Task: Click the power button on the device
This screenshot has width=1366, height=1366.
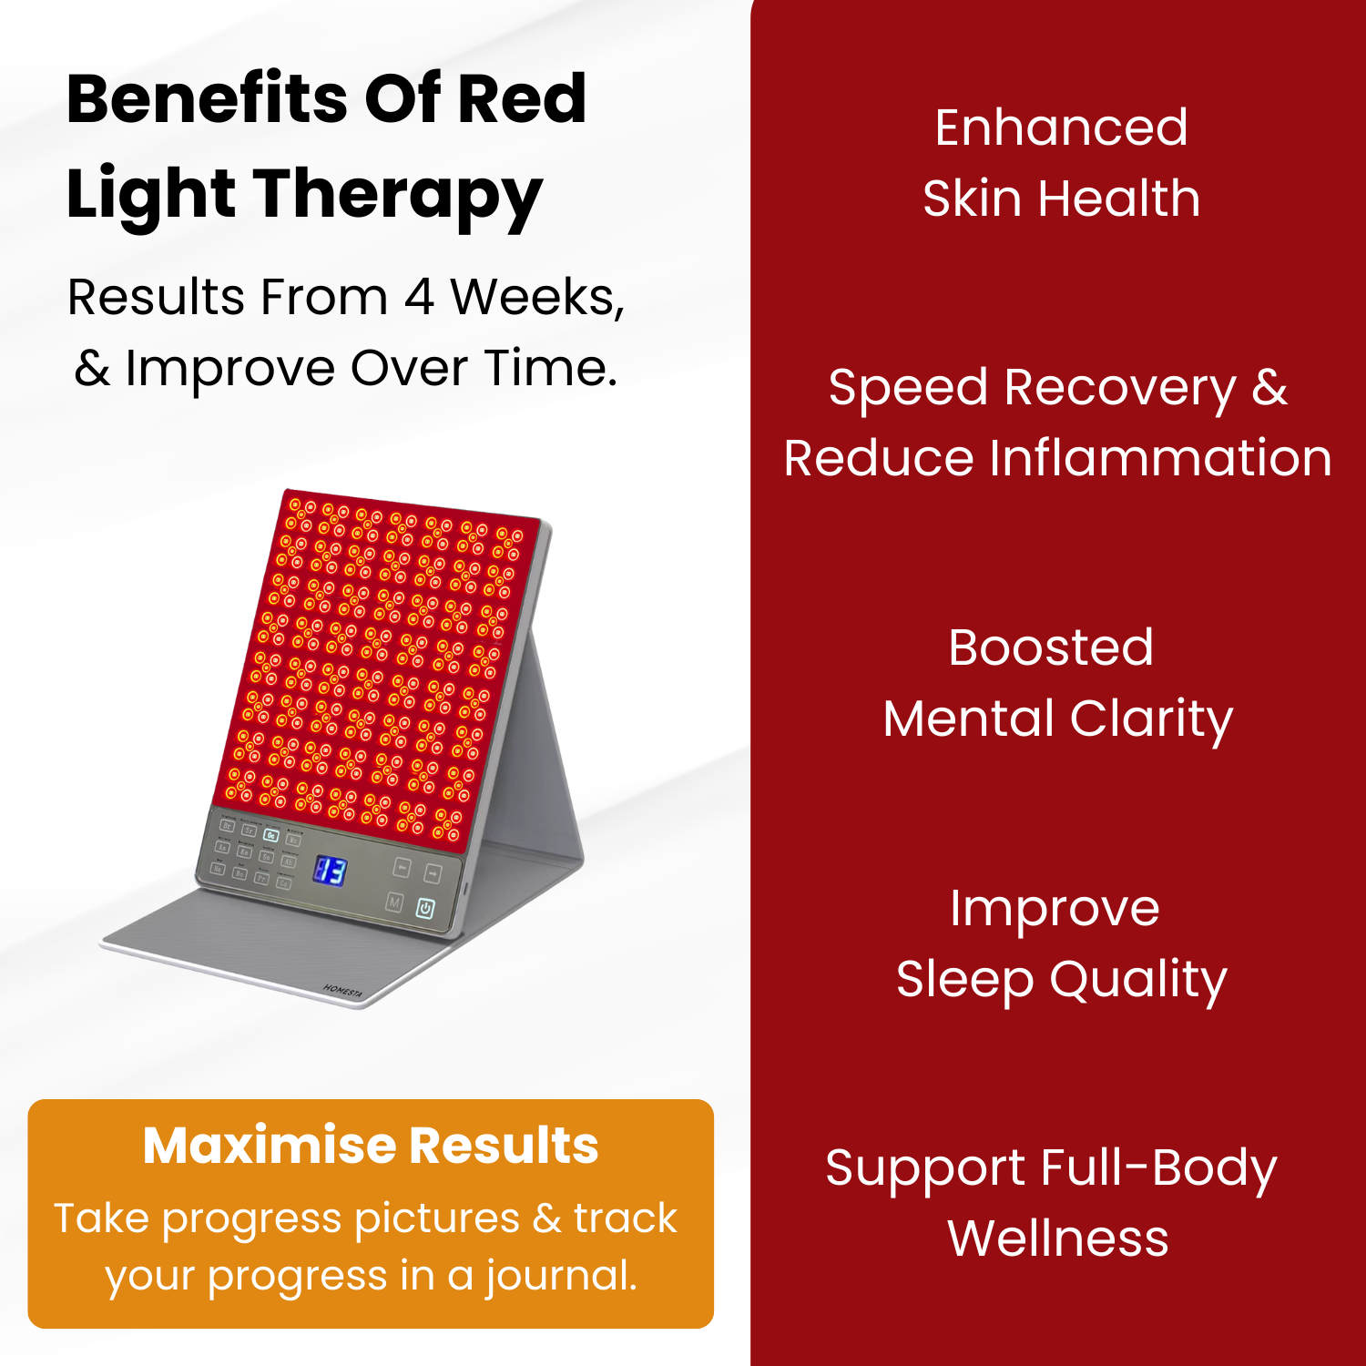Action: pyautogui.click(x=425, y=908)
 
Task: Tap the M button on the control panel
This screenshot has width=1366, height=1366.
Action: pyautogui.click(x=394, y=902)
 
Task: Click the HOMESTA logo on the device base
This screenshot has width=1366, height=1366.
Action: pyautogui.click(x=342, y=992)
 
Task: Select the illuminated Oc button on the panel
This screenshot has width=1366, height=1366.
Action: pyautogui.click(x=270, y=835)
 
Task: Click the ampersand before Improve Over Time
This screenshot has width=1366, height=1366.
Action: pyautogui.click(x=92, y=369)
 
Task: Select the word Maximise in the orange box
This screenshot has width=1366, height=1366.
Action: pyautogui.click(x=268, y=1145)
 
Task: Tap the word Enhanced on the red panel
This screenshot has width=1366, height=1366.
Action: pyautogui.click(x=1061, y=127)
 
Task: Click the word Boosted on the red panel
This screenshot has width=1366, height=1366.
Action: pyautogui.click(x=1051, y=647)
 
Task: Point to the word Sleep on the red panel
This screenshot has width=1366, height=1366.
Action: pyautogui.click(x=965, y=980)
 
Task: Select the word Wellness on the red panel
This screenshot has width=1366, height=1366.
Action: pyautogui.click(x=1058, y=1239)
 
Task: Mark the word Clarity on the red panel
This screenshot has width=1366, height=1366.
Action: pyautogui.click(x=1151, y=719)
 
